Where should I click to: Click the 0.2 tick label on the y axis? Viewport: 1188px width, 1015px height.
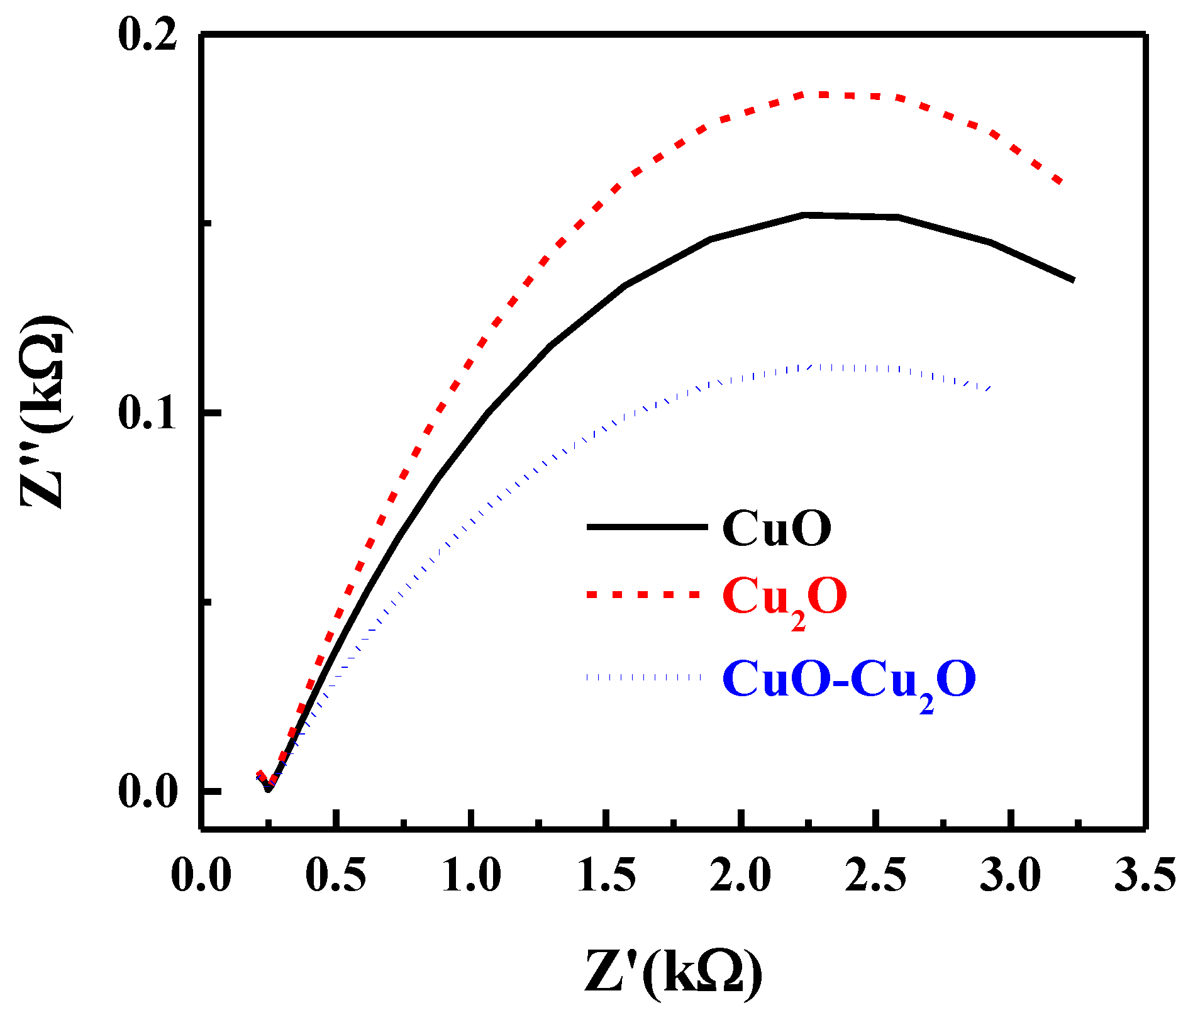pos(147,36)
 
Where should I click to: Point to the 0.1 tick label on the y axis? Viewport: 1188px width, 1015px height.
pos(147,414)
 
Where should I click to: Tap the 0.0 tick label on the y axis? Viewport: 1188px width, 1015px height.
pos(147,792)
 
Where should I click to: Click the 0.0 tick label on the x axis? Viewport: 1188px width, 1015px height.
pos(201,875)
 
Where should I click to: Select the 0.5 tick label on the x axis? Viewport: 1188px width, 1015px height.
pos(336,875)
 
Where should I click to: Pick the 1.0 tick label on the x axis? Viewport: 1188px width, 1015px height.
pos(471,875)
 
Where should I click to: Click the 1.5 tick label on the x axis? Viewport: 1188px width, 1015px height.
pos(606,875)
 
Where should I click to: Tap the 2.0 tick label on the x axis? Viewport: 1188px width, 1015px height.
pos(741,875)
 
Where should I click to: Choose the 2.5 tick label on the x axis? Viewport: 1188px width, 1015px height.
pos(875,875)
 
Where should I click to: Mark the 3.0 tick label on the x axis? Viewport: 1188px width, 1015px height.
pos(1011,875)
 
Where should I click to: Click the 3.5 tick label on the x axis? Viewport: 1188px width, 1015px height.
pos(1145,875)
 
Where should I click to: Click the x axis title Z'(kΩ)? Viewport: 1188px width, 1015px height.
pos(674,975)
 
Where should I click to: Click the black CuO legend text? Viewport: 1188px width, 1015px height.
pos(777,528)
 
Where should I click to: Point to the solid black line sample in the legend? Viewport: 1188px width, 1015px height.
pos(647,527)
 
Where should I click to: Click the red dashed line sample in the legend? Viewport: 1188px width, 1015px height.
pos(643,594)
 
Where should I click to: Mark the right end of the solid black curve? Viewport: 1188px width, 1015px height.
pos(1073,279)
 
